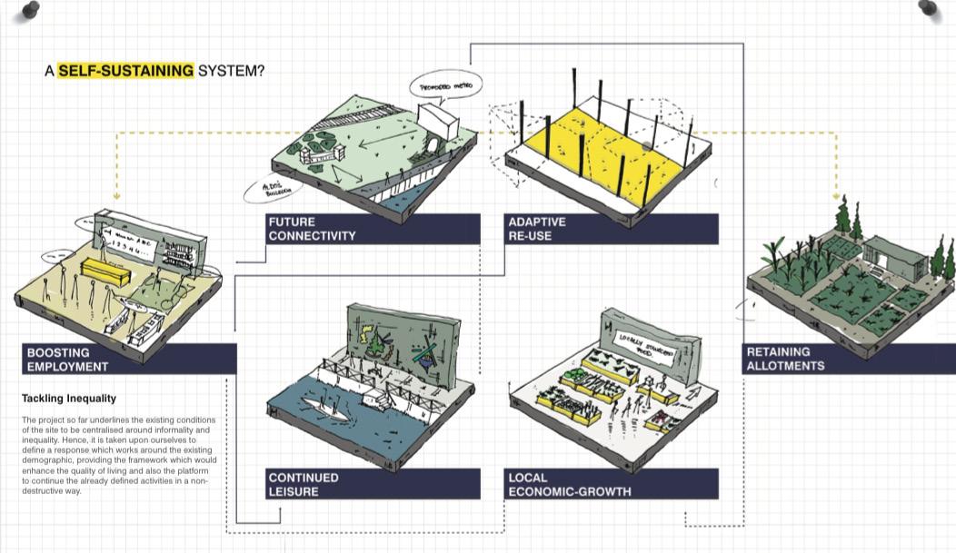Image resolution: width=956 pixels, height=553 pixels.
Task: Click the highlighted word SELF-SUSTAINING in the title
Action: [x=125, y=70]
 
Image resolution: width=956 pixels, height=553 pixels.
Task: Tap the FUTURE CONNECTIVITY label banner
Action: [x=373, y=229]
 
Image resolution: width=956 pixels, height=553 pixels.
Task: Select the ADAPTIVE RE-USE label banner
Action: [x=611, y=229]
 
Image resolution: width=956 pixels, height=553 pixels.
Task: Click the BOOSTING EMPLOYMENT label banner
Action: [x=127, y=360]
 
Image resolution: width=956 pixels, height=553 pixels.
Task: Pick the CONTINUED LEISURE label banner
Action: [x=373, y=484]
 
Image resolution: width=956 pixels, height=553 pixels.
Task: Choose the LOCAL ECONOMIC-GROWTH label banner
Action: [x=611, y=484]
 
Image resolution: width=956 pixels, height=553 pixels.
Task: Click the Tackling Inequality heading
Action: [x=69, y=399]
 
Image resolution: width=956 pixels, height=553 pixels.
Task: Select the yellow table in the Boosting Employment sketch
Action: [x=107, y=269]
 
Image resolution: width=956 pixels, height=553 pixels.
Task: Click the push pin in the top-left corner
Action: [x=29, y=10]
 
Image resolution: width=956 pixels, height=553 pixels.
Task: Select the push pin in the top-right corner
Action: [x=929, y=9]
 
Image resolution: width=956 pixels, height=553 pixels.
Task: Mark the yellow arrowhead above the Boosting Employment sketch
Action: [x=117, y=194]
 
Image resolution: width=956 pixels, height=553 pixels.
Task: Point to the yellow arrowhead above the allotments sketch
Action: [x=835, y=196]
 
